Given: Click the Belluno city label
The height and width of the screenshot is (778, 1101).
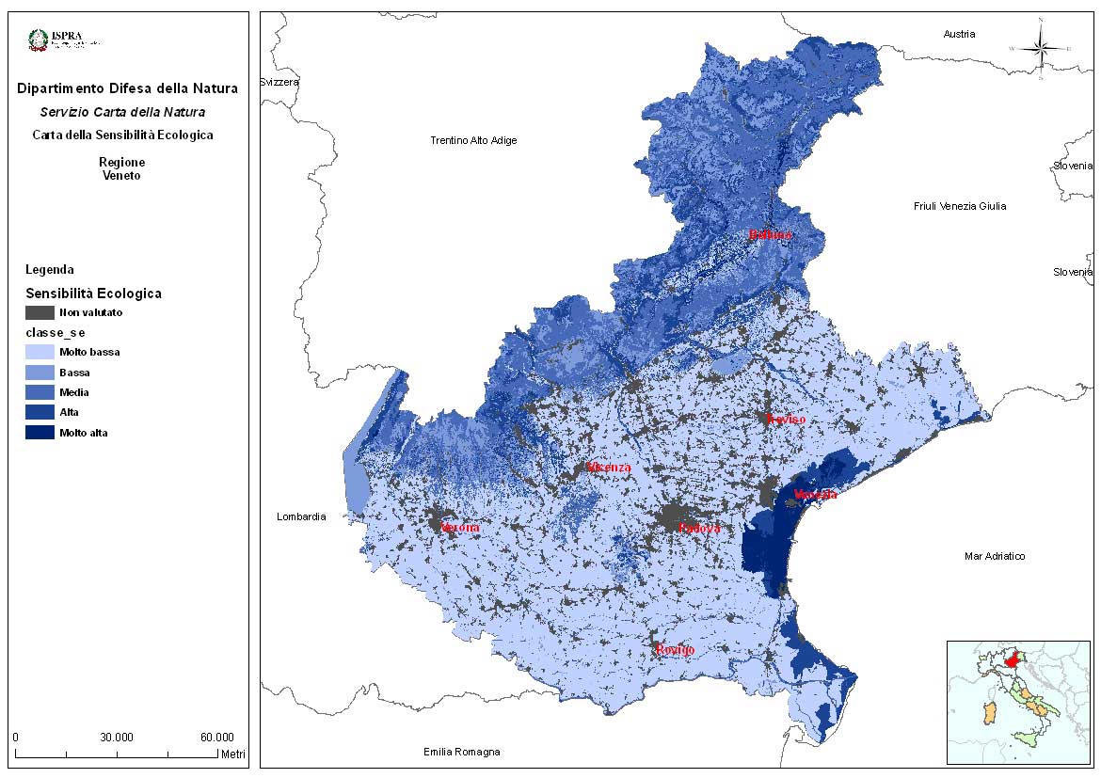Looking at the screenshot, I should (x=770, y=235).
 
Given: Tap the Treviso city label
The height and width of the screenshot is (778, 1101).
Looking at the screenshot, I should (x=786, y=419).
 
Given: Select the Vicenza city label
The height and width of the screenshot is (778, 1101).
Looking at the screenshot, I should (x=608, y=468).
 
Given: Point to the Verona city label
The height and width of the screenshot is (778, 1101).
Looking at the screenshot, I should (x=460, y=528).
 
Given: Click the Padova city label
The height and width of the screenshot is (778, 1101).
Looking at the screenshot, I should (x=699, y=529).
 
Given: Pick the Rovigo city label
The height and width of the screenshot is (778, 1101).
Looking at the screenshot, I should (x=675, y=650).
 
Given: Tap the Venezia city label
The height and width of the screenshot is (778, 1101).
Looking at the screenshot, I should (x=815, y=495).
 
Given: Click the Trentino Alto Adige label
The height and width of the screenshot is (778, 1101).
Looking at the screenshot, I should (x=473, y=140).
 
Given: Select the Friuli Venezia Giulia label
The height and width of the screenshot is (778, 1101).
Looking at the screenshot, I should (x=960, y=206).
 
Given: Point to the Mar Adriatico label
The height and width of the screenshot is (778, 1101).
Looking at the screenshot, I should (x=995, y=556).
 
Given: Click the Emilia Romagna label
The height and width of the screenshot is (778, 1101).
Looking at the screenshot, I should (x=461, y=752).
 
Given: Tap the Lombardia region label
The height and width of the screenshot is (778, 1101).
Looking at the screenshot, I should (x=301, y=516).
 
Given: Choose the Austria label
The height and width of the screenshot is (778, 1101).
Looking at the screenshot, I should (x=959, y=34).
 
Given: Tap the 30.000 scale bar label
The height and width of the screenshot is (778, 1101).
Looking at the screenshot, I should (x=117, y=737).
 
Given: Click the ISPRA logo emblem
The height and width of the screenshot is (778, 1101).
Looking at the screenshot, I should (x=39, y=40).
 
